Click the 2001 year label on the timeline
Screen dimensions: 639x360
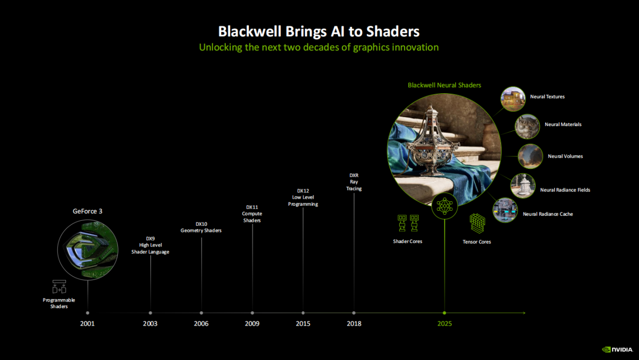pyautogui.click(x=87, y=324)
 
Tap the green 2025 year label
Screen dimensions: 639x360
pyautogui.click(x=444, y=324)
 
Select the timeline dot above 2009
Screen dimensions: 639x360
pyautogui.click(x=252, y=313)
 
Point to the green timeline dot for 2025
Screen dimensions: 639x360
pyautogui.click(x=444, y=313)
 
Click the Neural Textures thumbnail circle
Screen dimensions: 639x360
pyautogui.click(x=513, y=99)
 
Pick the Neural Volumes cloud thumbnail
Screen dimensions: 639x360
pyautogui.click(x=530, y=156)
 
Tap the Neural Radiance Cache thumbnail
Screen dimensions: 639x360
pyautogui.click(x=505, y=210)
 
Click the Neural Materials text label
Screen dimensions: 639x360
pyautogui.click(x=563, y=125)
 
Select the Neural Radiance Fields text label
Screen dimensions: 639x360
pyautogui.click(x=565, y=190)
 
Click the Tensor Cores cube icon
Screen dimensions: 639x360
pyautogui.click(x=477, y=223)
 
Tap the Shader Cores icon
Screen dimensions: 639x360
pyautogui.click(x=408, y=223)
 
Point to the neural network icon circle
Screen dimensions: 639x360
pyautogui.click(x=444, y=206)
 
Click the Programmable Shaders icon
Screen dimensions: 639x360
pyautogui.click(x=59, y=286)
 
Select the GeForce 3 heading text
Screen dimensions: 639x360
pyautogui.click(x=87, y=211)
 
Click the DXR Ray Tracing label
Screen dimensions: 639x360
pyautogui.click(x=354, y=182)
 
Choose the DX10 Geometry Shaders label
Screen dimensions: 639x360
pyautogui.click(x=201, y=227)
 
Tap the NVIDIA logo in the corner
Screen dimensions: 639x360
pyautogui.click(x=617, y=349)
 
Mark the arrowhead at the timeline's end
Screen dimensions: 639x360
pyautogui.click(x=524, y=313)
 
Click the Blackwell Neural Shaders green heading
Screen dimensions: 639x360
pyautogui.click(x=444, y=85)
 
